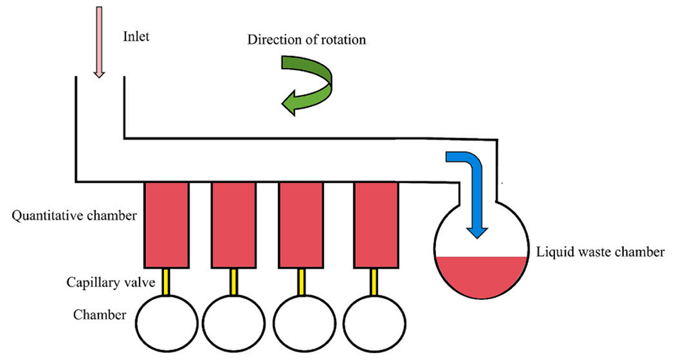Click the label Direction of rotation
tap(306, 40)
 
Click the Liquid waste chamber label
tap(600, 252)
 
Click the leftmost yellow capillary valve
tap(167, 281)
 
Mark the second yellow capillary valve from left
tap(234, 281)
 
